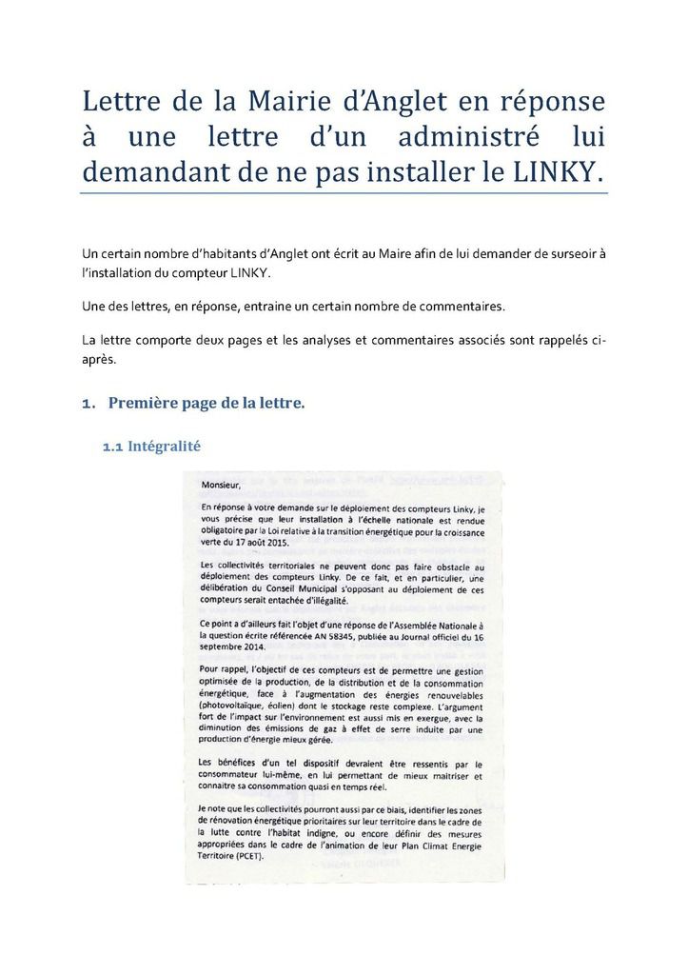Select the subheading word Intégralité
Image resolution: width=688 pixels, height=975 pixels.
point(164,446)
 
